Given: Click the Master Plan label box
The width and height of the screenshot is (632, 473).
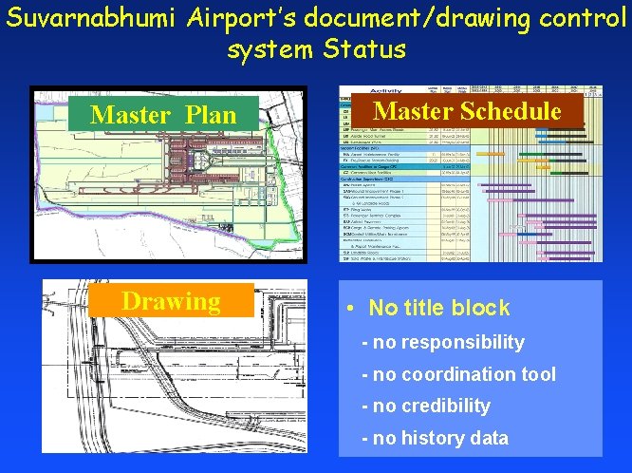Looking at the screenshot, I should (x=163, y=115).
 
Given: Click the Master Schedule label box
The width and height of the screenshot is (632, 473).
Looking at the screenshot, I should (x=468, y=111).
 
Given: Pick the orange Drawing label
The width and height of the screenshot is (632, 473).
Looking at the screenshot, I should (x=171, y=301).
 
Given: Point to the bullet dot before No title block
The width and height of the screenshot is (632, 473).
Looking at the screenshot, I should (x=350, y=309).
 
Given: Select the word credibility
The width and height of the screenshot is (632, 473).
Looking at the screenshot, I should (x=446, y=406).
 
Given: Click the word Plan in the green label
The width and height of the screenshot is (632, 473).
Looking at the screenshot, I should (x=213, y=115).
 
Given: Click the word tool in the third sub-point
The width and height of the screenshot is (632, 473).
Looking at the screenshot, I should (x=539, y=374).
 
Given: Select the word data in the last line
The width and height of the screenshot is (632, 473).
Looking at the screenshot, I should (x=489, y=438).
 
